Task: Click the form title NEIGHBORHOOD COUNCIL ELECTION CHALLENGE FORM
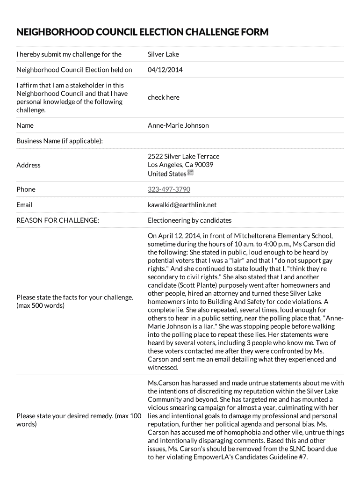[x=143, y=32]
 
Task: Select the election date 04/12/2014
[x=165, y=70]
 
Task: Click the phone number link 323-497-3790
[x=169, y=189]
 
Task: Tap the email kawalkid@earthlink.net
[x=182, y=205]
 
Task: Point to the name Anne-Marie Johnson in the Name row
[x=178, y=125]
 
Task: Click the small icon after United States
[x=190, y=173]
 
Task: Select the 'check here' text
[x=163, y=97]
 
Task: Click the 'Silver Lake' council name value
[x=163, y=54]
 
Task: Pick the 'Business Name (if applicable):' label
[x=60, y=141]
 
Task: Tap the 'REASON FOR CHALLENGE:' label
[x=58, y=220]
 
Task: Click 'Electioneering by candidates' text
[x=189, y=220]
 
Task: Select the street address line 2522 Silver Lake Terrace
[x=183, y=156]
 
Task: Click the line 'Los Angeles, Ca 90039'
[x=180, y=165]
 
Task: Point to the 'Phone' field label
[x=26, y=189]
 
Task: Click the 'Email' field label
[x=24, y=205]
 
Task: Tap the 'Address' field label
[x=29, y=165]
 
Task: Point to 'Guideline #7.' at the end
[x=289, y=457]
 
